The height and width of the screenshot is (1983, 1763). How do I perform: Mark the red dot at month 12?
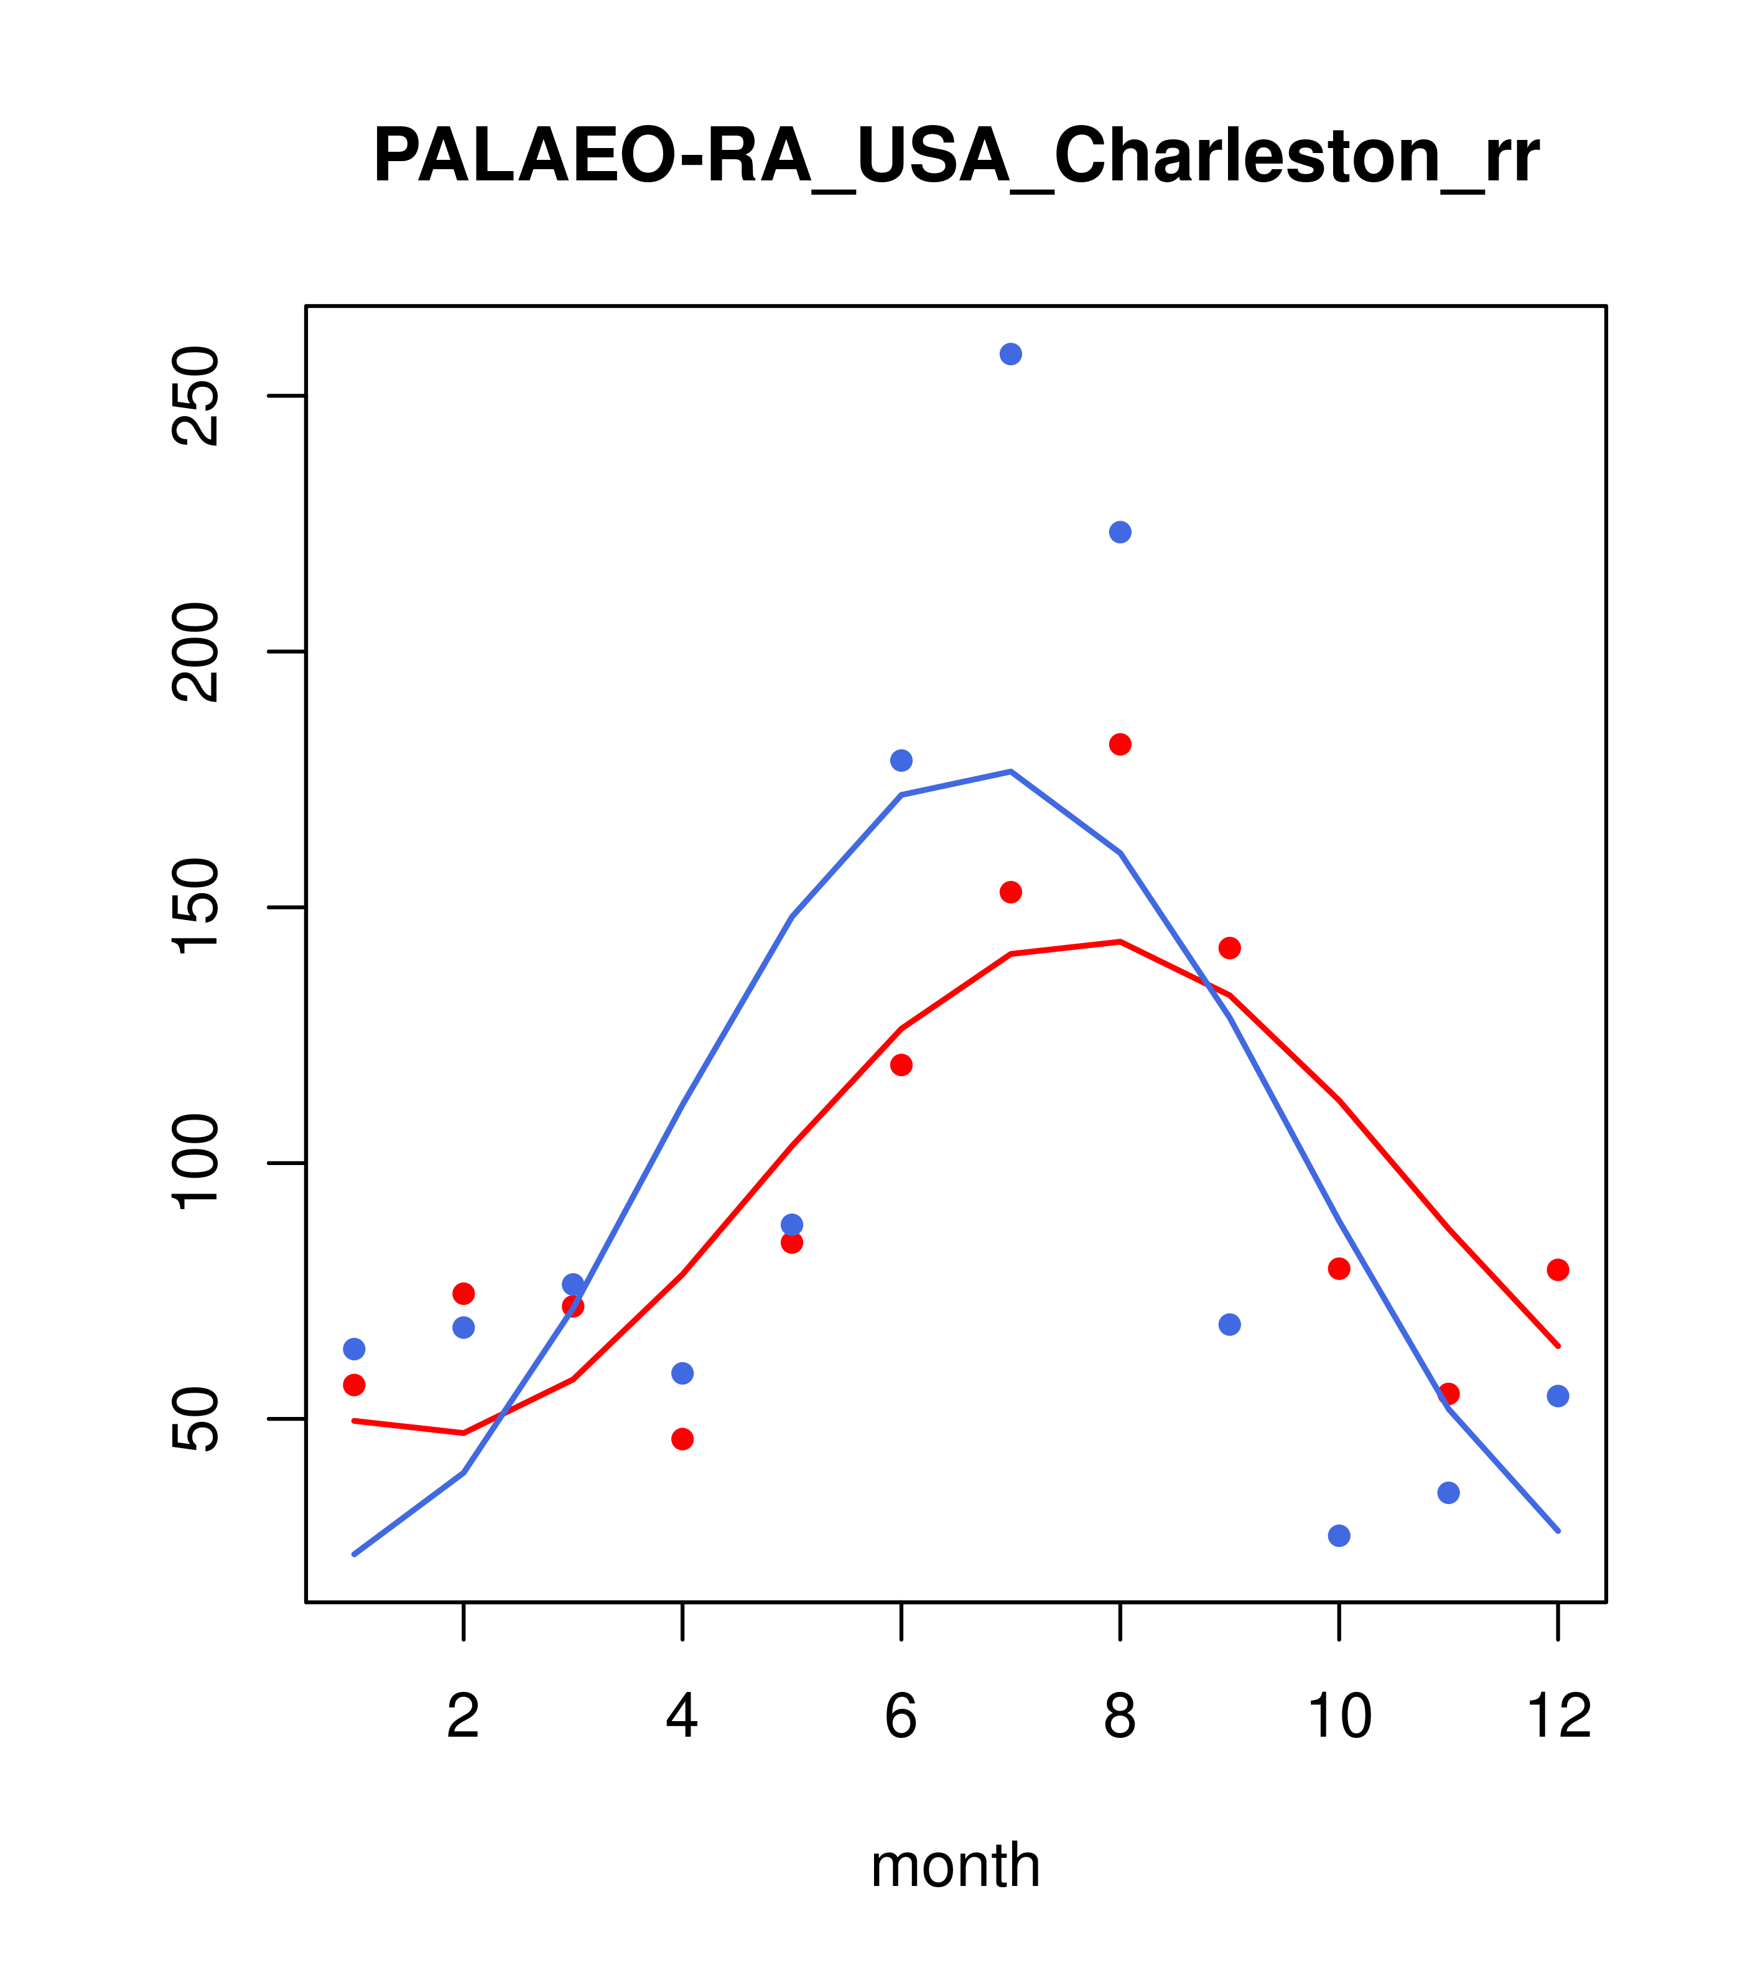pos(1558,1270)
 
